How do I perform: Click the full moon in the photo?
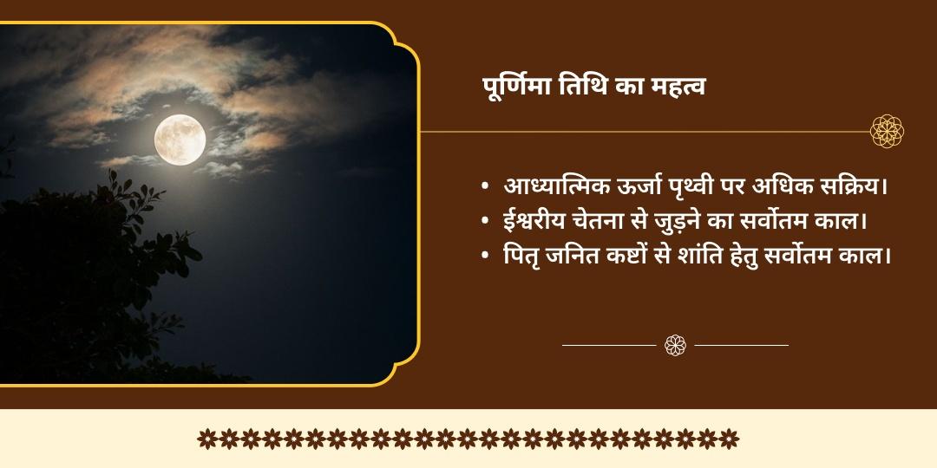[180, 140]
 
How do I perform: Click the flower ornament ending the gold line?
[888, 132]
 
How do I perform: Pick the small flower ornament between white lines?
[676, 345]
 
